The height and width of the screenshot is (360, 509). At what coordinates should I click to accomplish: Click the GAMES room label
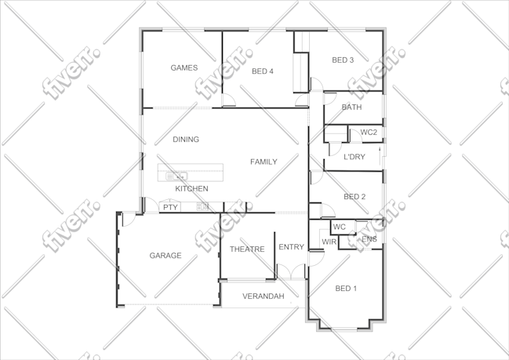pyautogui.click(x=184, y=68)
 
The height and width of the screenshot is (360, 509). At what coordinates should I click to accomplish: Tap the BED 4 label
pyautogui.click(x=263, y=71)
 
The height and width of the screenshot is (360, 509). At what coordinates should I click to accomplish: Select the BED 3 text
pyautogui.click(x=343, y=60)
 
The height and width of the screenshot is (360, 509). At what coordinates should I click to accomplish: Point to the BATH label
pyautogui.click(x=351, y=107)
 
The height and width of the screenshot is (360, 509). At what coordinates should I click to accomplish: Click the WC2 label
pyautogui.click(x=369, y=133)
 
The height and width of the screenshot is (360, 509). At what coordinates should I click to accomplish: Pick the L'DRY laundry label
pyautogui.click(x=354, y=157)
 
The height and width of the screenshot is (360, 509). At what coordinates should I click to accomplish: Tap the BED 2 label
pyautogui.click(x=354, y=197)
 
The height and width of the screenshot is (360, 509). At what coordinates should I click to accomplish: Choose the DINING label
pyautogui.click(x=186, y=140)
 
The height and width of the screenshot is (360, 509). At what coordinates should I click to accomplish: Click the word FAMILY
pyautogui.click(x=264, y=162)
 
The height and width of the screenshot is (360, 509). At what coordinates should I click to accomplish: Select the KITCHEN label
pyautogui.click(x=191, y=188)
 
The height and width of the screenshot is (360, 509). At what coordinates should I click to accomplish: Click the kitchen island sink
pyautogui.click(x=176, y=176)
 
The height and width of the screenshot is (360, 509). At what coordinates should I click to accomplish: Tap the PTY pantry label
pyautogui.click(x=170, y=207)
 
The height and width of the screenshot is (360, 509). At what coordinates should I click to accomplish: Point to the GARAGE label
pyautogui.click(x=165, y=256)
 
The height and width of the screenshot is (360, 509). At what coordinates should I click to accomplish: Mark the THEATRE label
pyautogui.click(x=247, y=249)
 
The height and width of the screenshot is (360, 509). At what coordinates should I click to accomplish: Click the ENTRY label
pyautogui.click(x=291, y=247)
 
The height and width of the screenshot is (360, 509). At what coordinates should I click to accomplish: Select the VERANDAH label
pyautogui.click(x=264, y=296)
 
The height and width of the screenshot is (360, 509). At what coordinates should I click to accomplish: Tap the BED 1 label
pyautogui.click(x=346, y=289)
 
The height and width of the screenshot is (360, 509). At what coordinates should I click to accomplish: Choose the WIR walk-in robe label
pyautogui.click(x=329, y=242)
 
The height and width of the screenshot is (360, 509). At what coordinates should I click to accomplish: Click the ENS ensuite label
pyautogui.click(x=369, y=239)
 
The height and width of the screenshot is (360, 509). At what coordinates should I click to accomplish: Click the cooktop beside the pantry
pyautogui.click(x=202, y=206)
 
